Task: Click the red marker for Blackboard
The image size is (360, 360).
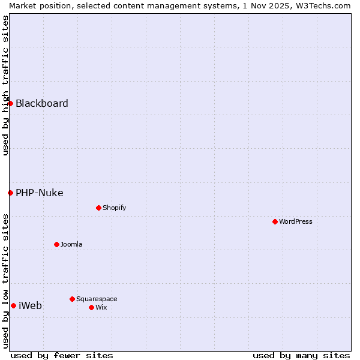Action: point(10,103)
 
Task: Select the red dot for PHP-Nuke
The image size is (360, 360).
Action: point(10,193)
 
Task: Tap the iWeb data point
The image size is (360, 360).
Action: point(13,305)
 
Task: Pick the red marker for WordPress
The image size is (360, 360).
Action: point(275,221)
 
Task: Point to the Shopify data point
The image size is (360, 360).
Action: point(98,208)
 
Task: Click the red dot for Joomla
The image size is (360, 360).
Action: point(56,244)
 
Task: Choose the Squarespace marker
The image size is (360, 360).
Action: point(72,299)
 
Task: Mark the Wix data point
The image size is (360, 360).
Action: point(91,307)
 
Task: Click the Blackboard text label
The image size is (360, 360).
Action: point(42,103)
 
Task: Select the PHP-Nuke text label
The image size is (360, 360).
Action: point(40,193)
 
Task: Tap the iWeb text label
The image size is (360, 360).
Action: point(31,305)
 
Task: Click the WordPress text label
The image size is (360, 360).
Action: point(296,221)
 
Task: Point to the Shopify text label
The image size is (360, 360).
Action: point(115,208)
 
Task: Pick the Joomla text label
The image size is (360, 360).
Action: point(71,244)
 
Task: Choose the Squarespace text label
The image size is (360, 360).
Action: point(97,299)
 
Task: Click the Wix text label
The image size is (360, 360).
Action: point(101,307)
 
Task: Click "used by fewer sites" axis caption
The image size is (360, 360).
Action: point(62,355)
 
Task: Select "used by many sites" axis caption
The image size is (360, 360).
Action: point(301,355)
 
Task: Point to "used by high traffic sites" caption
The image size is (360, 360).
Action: point(5,85)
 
